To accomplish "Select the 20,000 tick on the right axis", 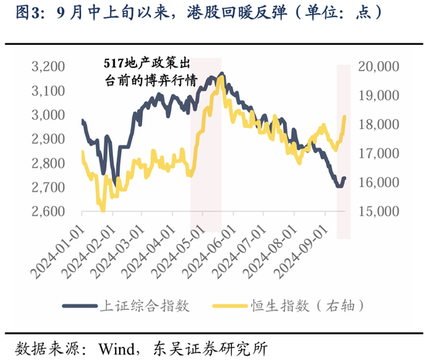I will click(x=379, y=67).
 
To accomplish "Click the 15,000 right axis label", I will click(x=379, y=212).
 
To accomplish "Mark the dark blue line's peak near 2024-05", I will click(x=223, y=74).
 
